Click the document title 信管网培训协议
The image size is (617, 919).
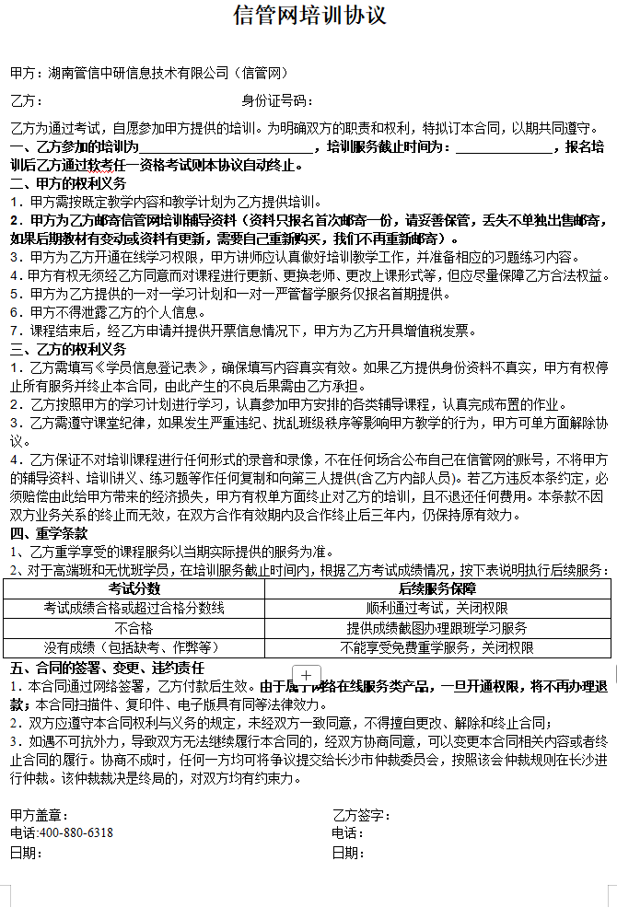[309, 16]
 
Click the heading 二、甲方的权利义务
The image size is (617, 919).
[68, 183]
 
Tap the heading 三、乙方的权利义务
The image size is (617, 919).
[68, 349]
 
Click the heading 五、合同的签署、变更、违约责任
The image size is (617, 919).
[107, 668]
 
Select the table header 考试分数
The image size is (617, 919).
[134, 587]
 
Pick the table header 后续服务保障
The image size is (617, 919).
[437, 587]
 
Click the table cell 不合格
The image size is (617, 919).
[134, 628]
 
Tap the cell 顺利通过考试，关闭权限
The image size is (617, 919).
[437, 608]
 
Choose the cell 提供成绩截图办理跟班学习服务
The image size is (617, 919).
[437, 628]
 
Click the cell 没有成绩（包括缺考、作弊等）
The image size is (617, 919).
[134, 648]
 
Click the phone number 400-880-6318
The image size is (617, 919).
[76, 832]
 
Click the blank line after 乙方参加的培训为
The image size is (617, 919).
[225, 147]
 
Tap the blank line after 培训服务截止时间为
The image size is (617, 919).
[505, 147]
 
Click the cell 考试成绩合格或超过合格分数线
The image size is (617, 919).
[134, 608]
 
